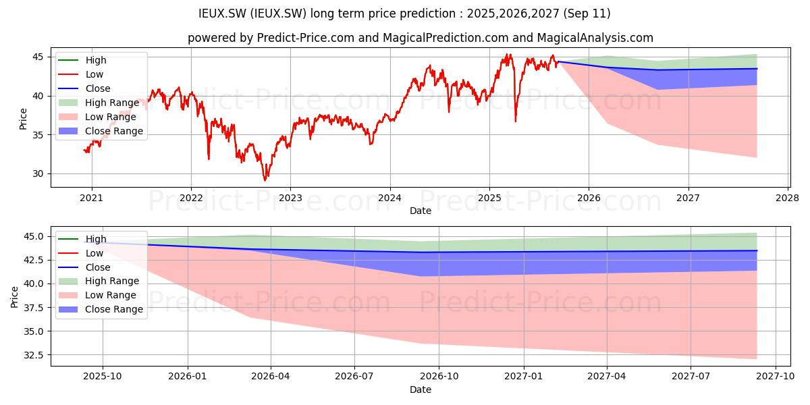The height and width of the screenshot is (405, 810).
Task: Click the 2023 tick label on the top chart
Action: pos(290,198)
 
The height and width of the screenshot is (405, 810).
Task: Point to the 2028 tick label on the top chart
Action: pos(787,198)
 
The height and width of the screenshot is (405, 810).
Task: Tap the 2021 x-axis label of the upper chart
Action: pos(92,198)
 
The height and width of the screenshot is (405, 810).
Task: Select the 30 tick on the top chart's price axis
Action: pos(38,174)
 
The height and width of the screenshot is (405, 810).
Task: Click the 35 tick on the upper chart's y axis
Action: pos(38,135)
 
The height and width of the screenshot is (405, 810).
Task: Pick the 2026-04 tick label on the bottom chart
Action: pos(271,377)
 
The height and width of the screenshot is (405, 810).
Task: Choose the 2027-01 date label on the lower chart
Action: pos(524,377)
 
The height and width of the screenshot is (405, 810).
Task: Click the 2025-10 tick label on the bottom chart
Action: pos(103,377)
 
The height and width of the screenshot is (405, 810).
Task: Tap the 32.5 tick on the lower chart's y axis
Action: pos(34,355)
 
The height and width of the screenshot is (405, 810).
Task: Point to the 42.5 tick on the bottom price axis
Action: pos(34,261)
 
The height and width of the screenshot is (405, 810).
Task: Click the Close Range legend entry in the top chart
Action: pos(101,131)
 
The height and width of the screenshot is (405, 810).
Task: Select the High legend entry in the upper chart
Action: pos(82,60)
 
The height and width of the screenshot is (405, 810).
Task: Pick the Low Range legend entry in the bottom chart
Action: pos(97,295)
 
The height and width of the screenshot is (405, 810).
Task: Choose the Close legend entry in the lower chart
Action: pos(84,267)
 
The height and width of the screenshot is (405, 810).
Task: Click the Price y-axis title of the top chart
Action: pos(23,119)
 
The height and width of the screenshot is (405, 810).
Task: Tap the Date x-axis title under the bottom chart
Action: pos(420,390)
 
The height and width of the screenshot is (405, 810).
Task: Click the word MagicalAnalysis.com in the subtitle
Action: pos(595,38)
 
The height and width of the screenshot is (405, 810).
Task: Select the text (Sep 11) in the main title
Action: pos(587,13)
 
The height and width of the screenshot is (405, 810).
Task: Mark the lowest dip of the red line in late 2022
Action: pos(265,180)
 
